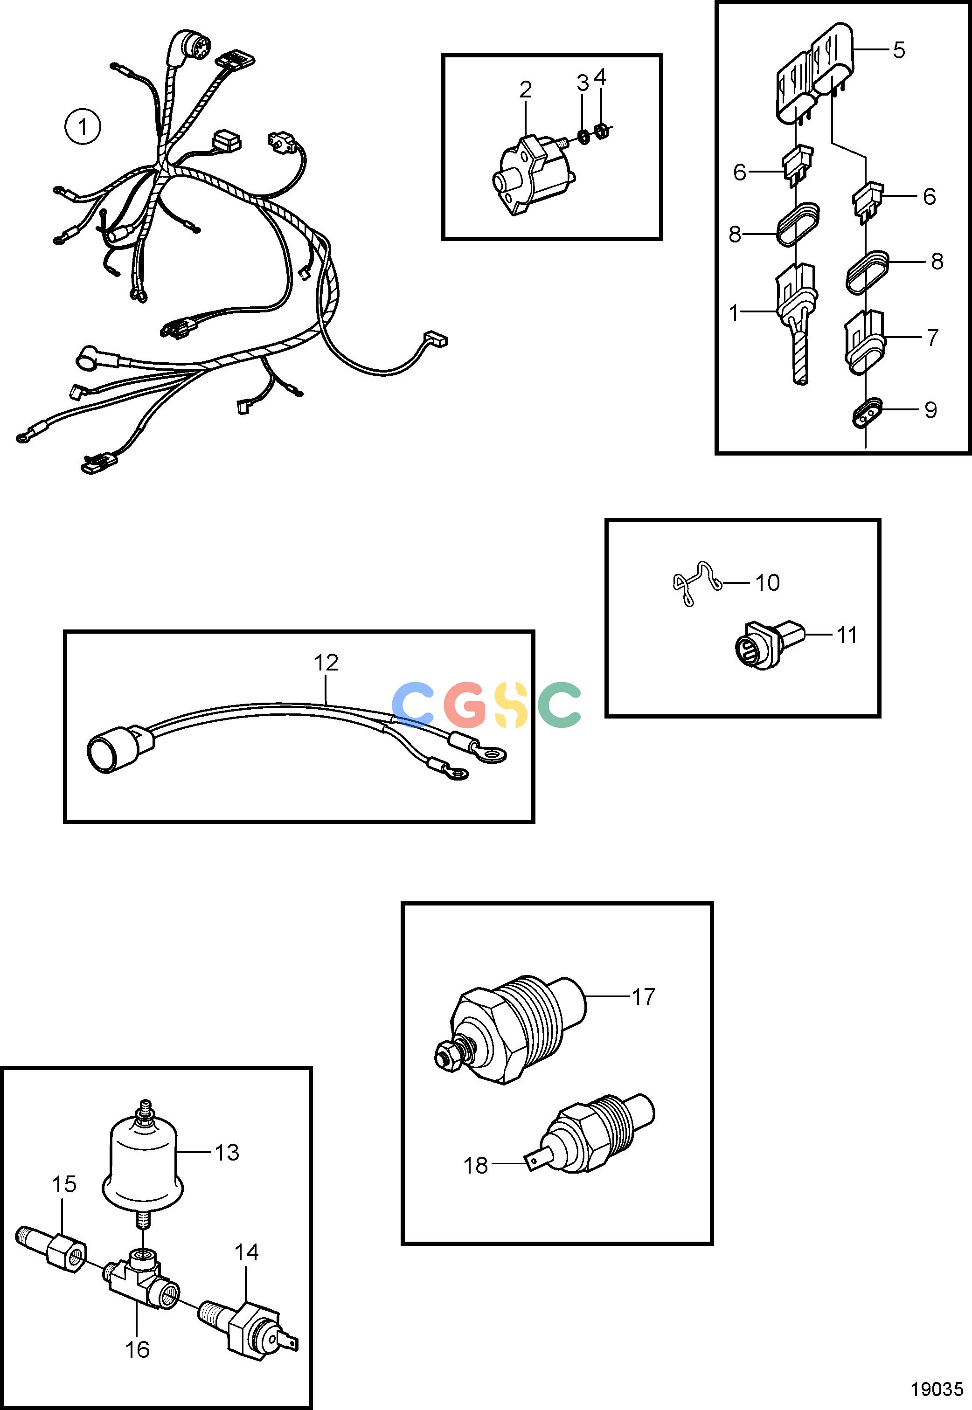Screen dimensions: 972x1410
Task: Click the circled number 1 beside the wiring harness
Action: (x=82, y=127)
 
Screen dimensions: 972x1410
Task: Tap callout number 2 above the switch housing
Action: (x=526, y=90)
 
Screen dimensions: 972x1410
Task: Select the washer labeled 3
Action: (x=583, y=135)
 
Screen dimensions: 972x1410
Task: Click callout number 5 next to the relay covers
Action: (x=899, y=50)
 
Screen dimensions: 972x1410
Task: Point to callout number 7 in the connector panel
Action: (x=932, y=337)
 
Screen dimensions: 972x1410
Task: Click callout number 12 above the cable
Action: (x=326, y=663)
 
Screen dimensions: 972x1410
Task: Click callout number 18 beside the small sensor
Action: (x=476, y=1165)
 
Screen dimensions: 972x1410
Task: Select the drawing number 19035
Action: (x=937, y=1384)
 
